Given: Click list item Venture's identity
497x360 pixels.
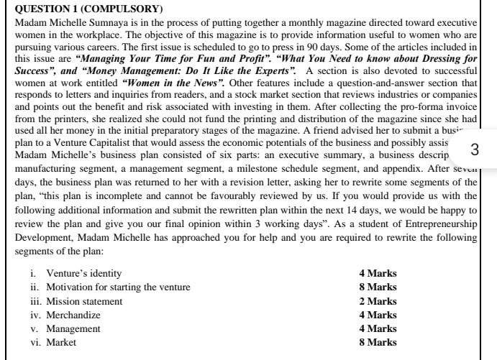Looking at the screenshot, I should point(84,274).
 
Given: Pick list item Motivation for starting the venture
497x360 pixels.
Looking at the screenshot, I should point(119,287).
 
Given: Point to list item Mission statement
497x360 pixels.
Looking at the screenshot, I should point(84,301).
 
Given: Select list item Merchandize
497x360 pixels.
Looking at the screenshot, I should point(73,315).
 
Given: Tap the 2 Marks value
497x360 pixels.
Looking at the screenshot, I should point(378,301).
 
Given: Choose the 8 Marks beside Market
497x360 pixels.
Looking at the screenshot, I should point(378,343).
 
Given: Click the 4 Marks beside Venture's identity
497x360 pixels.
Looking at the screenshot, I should point(378,274).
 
